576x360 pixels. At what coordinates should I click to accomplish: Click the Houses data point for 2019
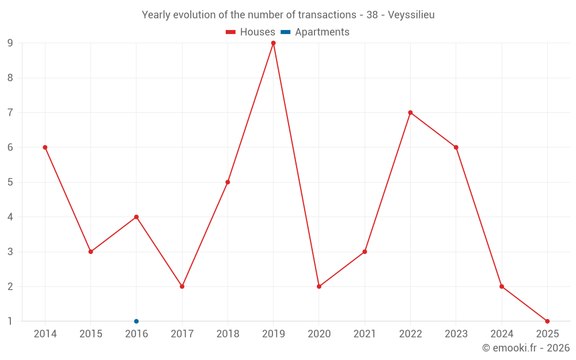(x=273, y=43)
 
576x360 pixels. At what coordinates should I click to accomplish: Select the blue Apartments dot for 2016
(x=137, y=321)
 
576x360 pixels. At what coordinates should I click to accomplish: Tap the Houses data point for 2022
(x=410, y=112)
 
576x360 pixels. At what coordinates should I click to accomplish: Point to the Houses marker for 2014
(x=45, y=147)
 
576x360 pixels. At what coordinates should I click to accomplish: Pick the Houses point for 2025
(x=547, y=321)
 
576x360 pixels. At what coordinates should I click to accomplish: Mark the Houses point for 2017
(x=182, y=286)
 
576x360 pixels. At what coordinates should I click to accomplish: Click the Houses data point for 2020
(x=319, y=286)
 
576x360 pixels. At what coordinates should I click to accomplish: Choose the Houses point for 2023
(x=456, y=147)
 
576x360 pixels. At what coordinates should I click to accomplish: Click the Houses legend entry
(x=251, y=32)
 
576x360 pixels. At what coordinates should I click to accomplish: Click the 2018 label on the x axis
(x=228, y=334)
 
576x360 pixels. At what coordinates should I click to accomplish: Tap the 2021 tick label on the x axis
(x=365, y=334)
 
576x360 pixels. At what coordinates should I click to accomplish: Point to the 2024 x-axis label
(x=502, y=334)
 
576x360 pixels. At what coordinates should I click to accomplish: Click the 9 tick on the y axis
(x=10, y=43)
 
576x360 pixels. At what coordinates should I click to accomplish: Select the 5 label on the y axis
(x=10, y=182)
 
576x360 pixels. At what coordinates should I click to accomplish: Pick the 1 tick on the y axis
(x=10, y=321)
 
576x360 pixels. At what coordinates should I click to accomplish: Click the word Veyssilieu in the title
(x=411, y=15)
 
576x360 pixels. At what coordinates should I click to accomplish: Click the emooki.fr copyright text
(x=526, y=348)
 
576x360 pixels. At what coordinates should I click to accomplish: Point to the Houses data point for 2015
(x=90, y=252)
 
